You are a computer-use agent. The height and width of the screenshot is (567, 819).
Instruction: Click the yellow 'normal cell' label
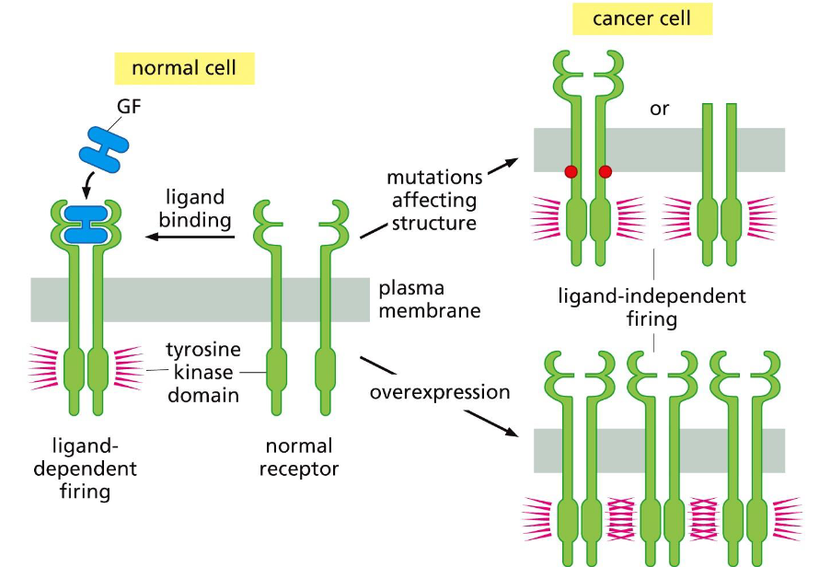coord(183,68)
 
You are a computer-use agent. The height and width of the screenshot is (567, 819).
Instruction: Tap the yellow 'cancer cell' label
coord(641,18)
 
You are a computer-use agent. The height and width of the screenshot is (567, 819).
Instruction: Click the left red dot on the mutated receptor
coord(571,171)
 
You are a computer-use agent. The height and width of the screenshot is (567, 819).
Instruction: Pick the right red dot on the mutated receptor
coord(605,171)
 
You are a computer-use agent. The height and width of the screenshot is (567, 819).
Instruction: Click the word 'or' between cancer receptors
coord(659,109)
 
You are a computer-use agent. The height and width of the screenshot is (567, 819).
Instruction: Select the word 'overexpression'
coord(440,393)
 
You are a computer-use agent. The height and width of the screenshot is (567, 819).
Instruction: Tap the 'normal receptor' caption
coord(301,457)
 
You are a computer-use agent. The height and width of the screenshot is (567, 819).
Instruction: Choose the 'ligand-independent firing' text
coord(652,308)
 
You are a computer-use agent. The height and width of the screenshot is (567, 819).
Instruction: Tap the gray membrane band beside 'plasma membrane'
coord(184,298)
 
